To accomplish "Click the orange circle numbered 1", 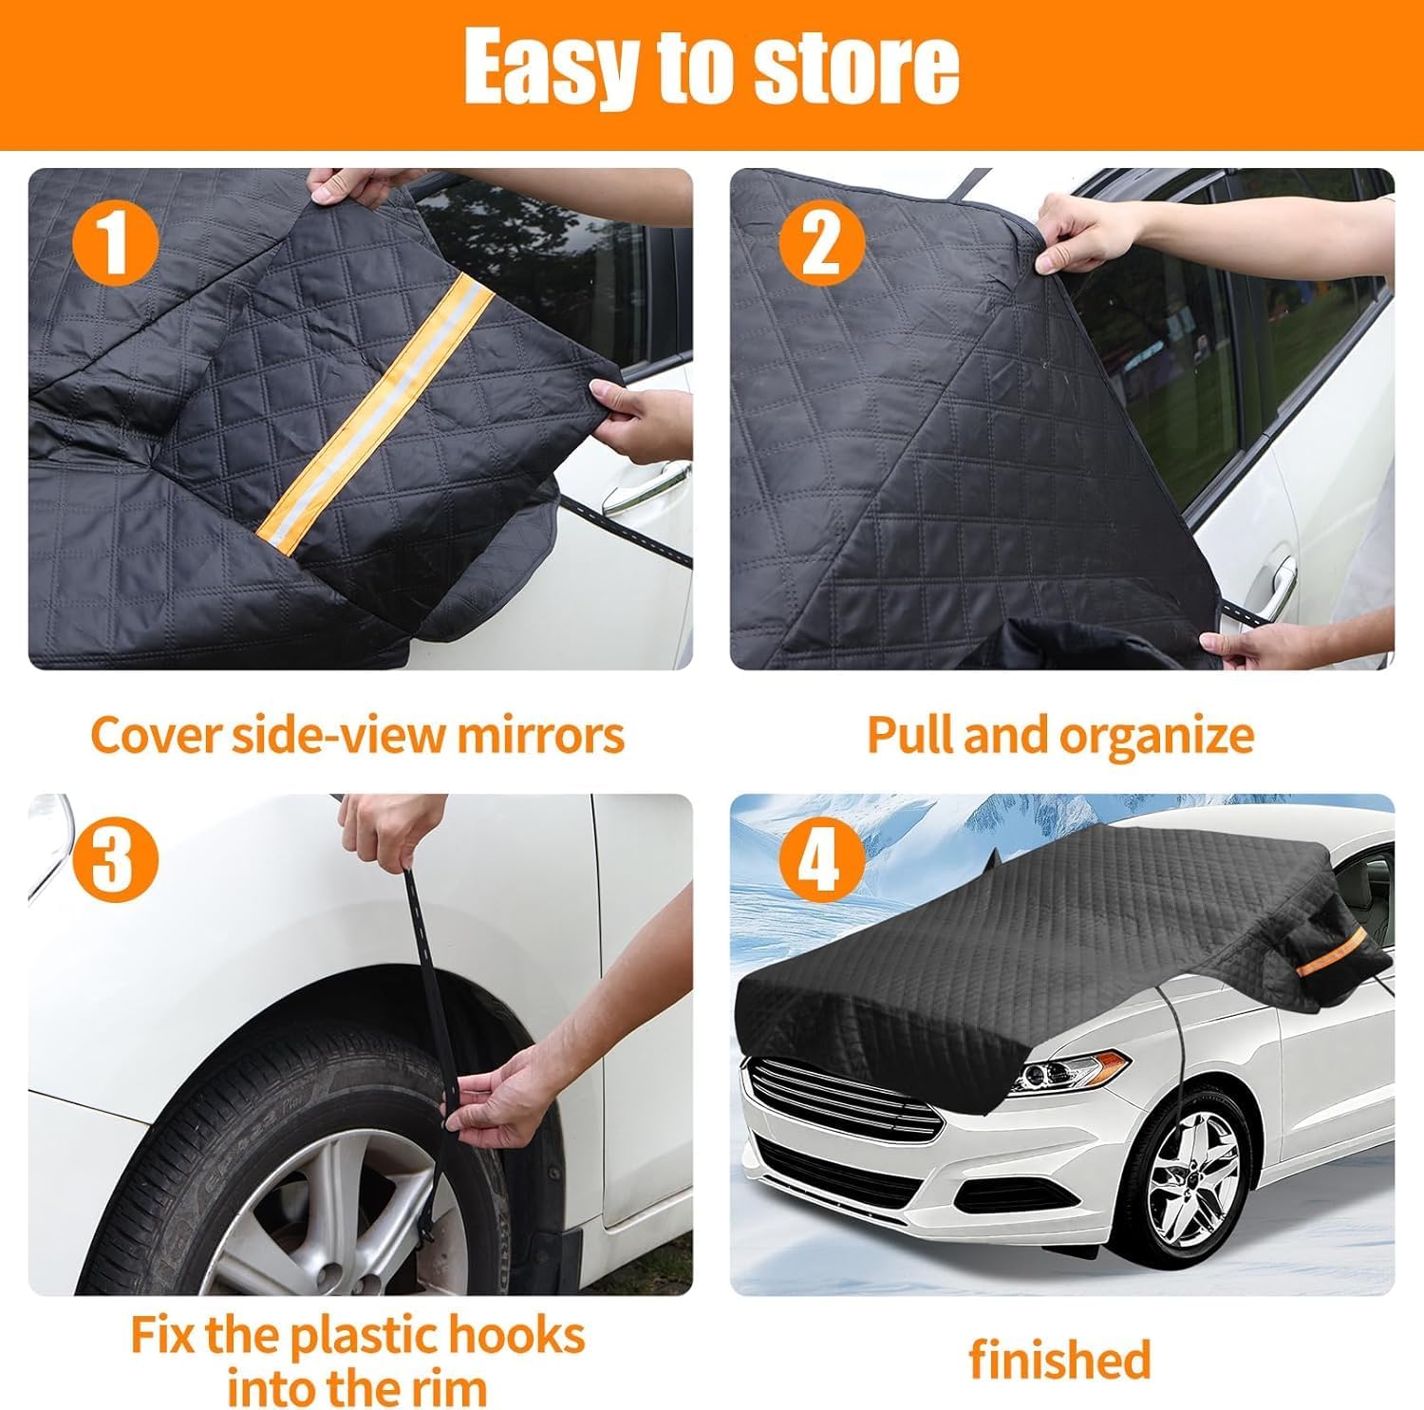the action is pyautogui.click(x=114, y=241).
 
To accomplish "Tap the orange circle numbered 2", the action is pyautogui.click(x=822, y=241).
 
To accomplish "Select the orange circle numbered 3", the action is pyautogui.click(x=114, y=861).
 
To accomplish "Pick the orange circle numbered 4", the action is pyautogui.click(x=822, y=861).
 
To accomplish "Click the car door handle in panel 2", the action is pyautogui.click(x=1272, y=580).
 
